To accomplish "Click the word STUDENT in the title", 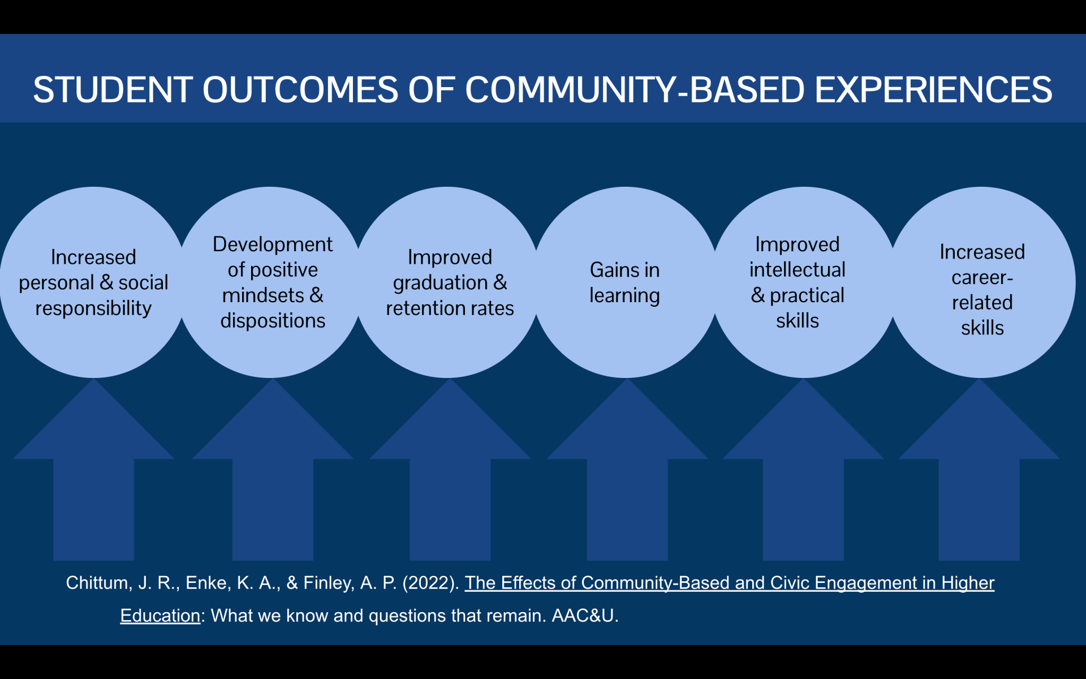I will click(x=112, y=89).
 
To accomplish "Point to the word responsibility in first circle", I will click(x=93, y=308).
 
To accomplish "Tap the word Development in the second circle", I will click(x=273, y=244).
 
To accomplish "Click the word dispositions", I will click(x=273, y=321).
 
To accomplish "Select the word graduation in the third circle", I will click(x=440, y=283).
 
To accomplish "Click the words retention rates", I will click(x=450, y=308).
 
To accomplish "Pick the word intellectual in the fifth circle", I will click(x=798, y=270).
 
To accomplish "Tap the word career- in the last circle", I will click(x=982, y=278).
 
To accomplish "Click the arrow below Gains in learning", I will click(x=627, y=481).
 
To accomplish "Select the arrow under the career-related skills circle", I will click(x=979, y=481).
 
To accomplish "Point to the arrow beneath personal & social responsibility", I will click(x=93, y=481).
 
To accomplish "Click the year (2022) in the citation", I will click(x=430, y=583).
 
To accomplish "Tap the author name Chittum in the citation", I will click(x=97, y=583).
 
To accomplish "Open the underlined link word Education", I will click(x=160, y=616).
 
